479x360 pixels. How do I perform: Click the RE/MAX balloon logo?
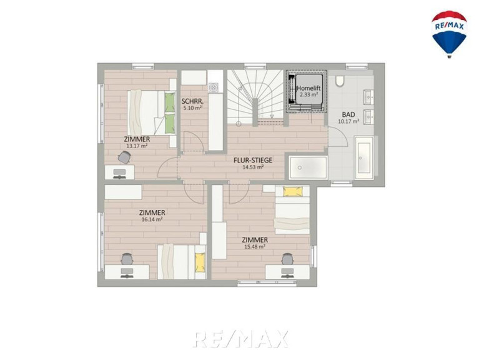click(x=449, y=34)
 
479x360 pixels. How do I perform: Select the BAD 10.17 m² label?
click(x=348, y=117)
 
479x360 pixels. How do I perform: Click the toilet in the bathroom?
click(x=339, y=81)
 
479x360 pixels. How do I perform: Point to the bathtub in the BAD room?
click(x=364, y=158)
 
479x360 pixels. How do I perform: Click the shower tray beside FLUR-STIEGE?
click(x=308, y=167)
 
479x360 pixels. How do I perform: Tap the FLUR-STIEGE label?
click(x=253, y=160)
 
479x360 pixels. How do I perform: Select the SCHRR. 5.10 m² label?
click(x=192, y=104)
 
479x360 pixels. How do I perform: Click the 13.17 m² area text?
click(x=137, y=146)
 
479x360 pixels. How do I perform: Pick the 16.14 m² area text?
click(x=152, y=219)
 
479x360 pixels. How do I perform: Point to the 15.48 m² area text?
click(x=254, y=247)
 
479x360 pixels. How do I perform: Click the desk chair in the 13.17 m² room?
click(x=124, y=157)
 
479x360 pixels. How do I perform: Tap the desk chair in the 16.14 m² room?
click(x=127, y=259)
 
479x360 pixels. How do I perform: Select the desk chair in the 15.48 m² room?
click(x=287, y=259)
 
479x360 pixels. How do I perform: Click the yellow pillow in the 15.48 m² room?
click(x=293, y=192)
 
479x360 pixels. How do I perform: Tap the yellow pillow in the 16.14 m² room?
click(x=199, y=262)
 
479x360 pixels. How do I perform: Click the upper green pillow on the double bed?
click(x=170, y=102)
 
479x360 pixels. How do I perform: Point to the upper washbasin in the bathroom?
click(x=368, y=97)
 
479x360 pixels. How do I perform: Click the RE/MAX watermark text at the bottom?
click(x=240, y=339)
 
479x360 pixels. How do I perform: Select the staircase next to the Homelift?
click(x=255, y=97)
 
